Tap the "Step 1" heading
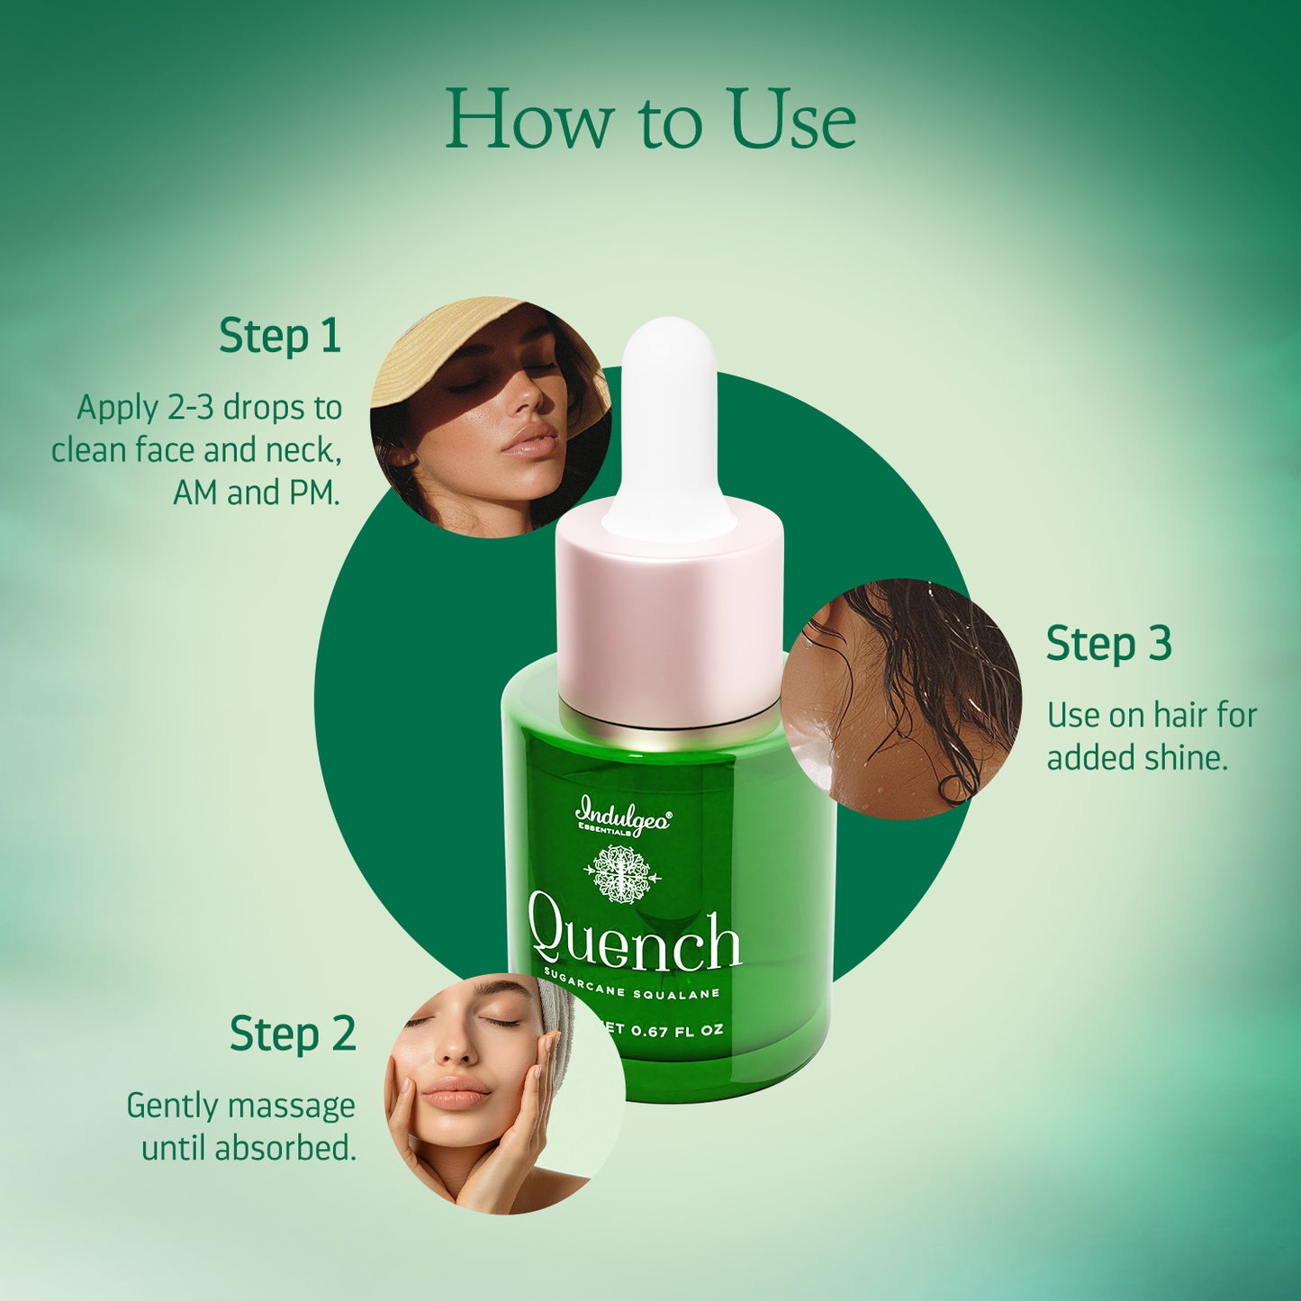280,336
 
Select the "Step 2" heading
293,1034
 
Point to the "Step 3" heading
1108,645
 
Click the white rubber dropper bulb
670,423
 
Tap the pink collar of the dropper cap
670,621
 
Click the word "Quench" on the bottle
635,941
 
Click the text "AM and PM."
257,493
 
